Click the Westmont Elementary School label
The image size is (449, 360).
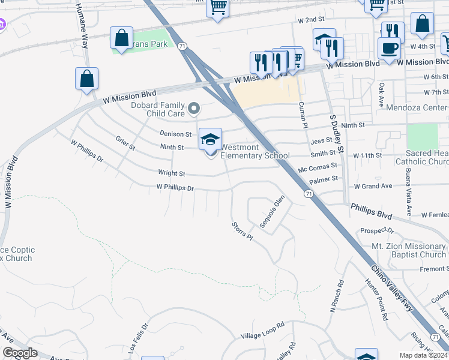(x=255, y=151)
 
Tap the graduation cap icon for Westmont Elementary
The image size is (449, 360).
(x=210, y=140)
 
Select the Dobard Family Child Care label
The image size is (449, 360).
(x=158, y=109)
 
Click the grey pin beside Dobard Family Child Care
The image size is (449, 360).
(x=193, y=109)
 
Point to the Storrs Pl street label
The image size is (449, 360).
(x=243, y=232)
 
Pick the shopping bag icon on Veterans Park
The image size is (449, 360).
(x=121, y=38)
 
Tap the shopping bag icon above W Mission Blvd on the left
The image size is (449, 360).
(x=86, y=79)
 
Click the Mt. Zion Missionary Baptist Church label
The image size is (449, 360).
(x=409, y=250)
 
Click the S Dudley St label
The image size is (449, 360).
(x=336, y=133)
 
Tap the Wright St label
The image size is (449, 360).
(x=172, y=173)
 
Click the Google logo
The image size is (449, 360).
(x=20, y=353)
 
